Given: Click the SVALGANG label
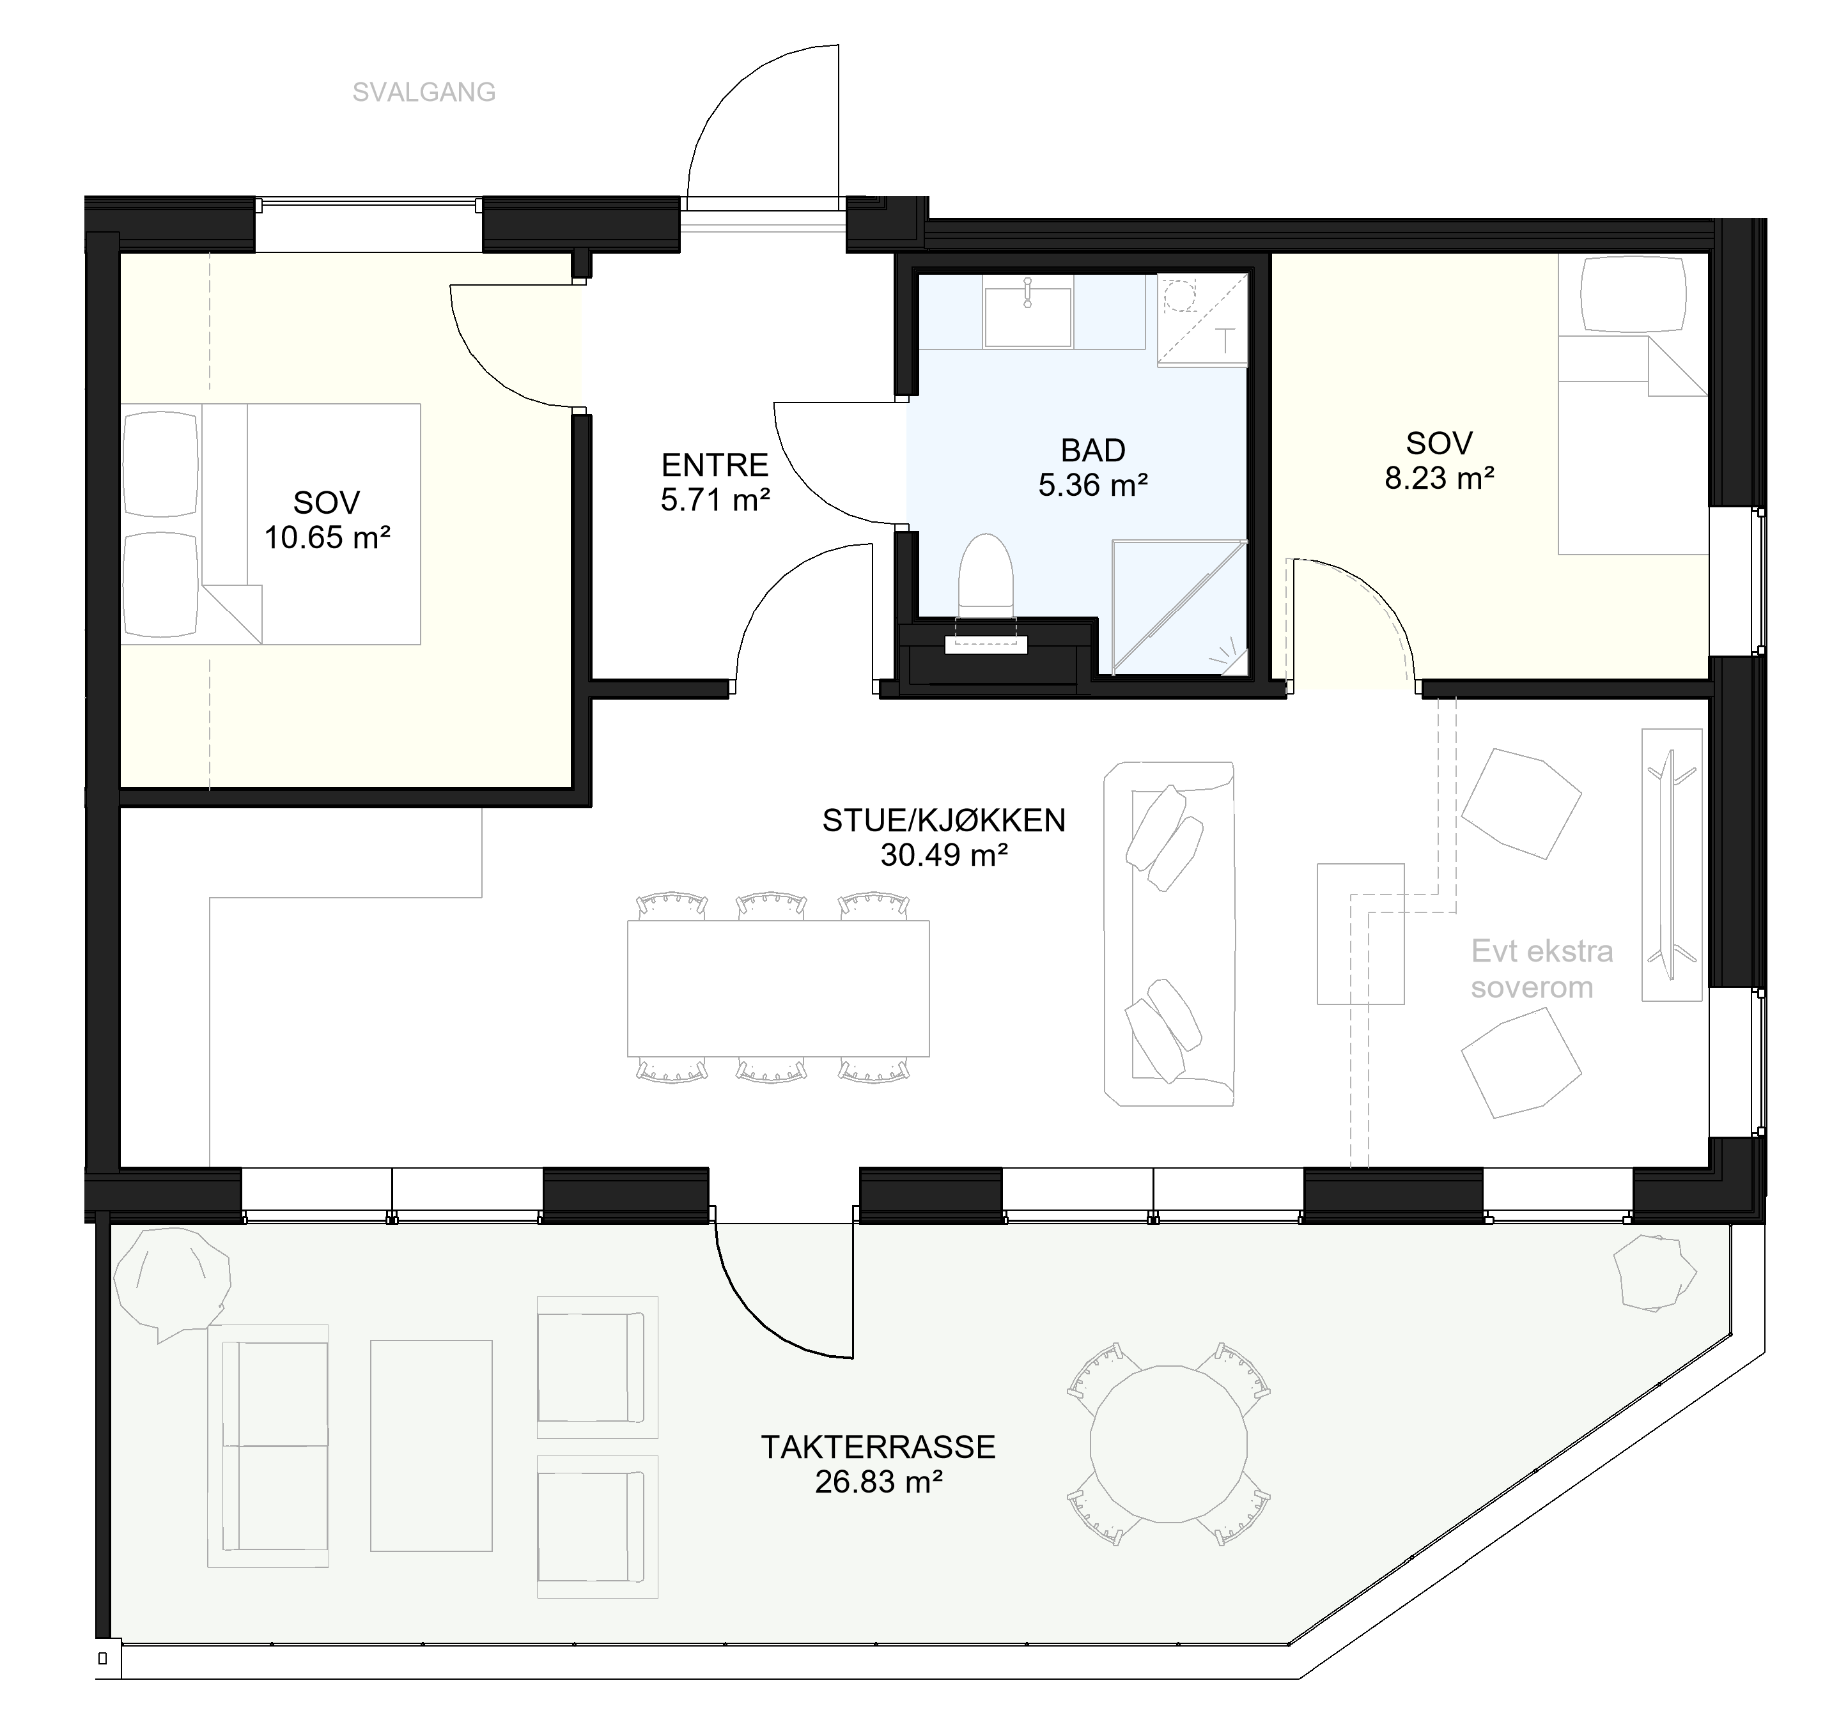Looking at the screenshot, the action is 424,93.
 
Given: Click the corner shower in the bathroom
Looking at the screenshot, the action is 1179,608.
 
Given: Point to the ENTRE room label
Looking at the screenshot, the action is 715,464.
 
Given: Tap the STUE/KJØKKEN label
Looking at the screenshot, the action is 944,820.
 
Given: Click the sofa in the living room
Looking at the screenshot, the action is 1169,933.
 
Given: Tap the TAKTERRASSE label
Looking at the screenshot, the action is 878,1447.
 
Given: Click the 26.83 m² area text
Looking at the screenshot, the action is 878,1482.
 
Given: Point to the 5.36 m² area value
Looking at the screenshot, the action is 1093,485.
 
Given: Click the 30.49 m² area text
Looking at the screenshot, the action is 944,855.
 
